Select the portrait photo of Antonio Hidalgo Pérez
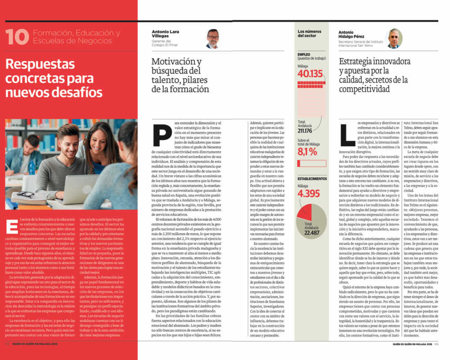[x=394, y=39]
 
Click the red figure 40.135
[x=310, y=74]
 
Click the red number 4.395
[x=308, y=194]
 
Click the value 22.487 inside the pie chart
[x=311, y=233]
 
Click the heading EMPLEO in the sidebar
[x=304, y=54]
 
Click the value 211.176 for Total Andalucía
[x=305, y=131]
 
